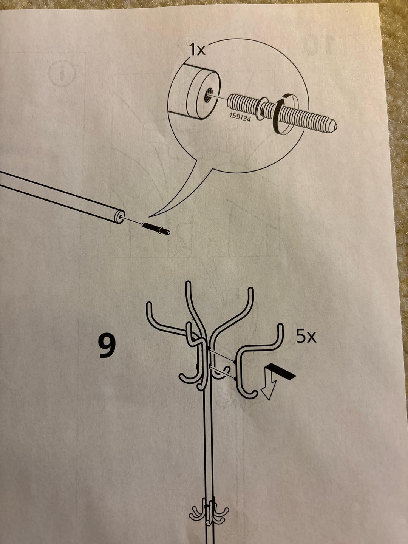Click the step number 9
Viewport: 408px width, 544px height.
coord(107,346)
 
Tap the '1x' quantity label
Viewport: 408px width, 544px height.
coord(197,49)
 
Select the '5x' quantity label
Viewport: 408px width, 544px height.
coord(306,337)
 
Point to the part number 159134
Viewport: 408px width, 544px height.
coord(240,117)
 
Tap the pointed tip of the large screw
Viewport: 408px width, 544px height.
coord(335,127)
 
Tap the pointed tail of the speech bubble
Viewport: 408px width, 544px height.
coord(149,216)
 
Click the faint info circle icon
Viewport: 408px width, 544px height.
coord(62,74)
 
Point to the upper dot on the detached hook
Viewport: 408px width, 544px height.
coord(235,362)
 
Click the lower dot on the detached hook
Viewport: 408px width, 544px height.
coord(235,378)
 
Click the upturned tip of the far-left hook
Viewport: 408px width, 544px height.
coord(149,304)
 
